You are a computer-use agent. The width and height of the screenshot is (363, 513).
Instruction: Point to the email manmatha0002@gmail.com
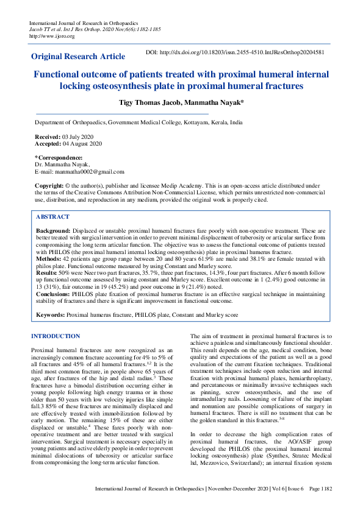click(88, 172)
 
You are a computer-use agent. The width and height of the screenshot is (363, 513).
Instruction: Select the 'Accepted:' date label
click(49, 144)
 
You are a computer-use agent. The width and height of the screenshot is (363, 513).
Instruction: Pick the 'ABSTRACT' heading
click(52, 217)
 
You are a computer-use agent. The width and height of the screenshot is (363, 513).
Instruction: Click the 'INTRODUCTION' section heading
click(56, 336)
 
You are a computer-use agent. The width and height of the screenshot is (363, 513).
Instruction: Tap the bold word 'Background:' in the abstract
click(53, 232)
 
